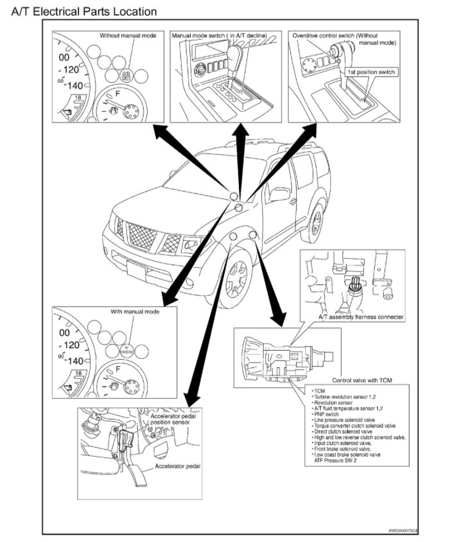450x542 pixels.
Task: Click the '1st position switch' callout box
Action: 371,72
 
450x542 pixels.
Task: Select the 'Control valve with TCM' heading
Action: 361,380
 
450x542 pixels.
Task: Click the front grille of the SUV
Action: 142,237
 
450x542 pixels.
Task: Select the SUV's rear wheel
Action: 315,221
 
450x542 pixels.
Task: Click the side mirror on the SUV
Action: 279,193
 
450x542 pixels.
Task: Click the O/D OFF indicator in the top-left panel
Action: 127,74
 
